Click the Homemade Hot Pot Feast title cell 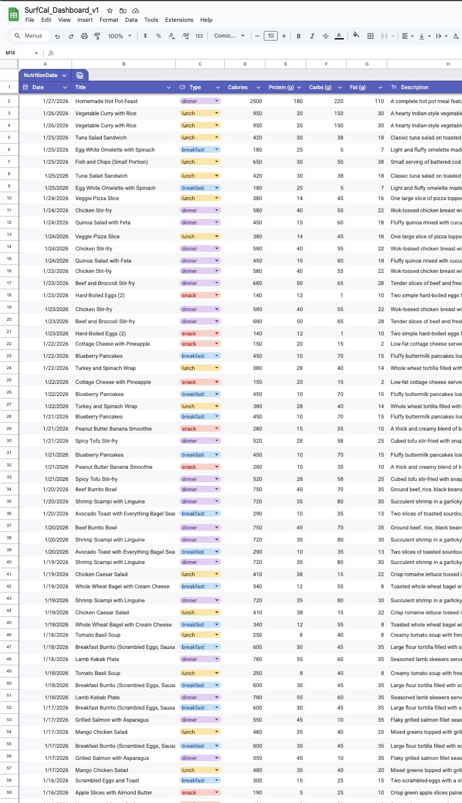click(106, 101)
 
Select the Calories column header click(238, 87)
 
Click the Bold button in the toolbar click(299, 36)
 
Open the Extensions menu click(179, 20)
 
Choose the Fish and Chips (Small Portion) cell click(112, 162)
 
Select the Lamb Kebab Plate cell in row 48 click(98, 659)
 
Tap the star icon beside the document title click(110, 10)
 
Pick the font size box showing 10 click(270, 36)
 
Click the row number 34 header click(9, 489)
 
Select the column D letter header click(245, 64)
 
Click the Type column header click(195, 87)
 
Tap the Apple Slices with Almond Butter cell click(114, 793)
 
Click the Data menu click(131, 20)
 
